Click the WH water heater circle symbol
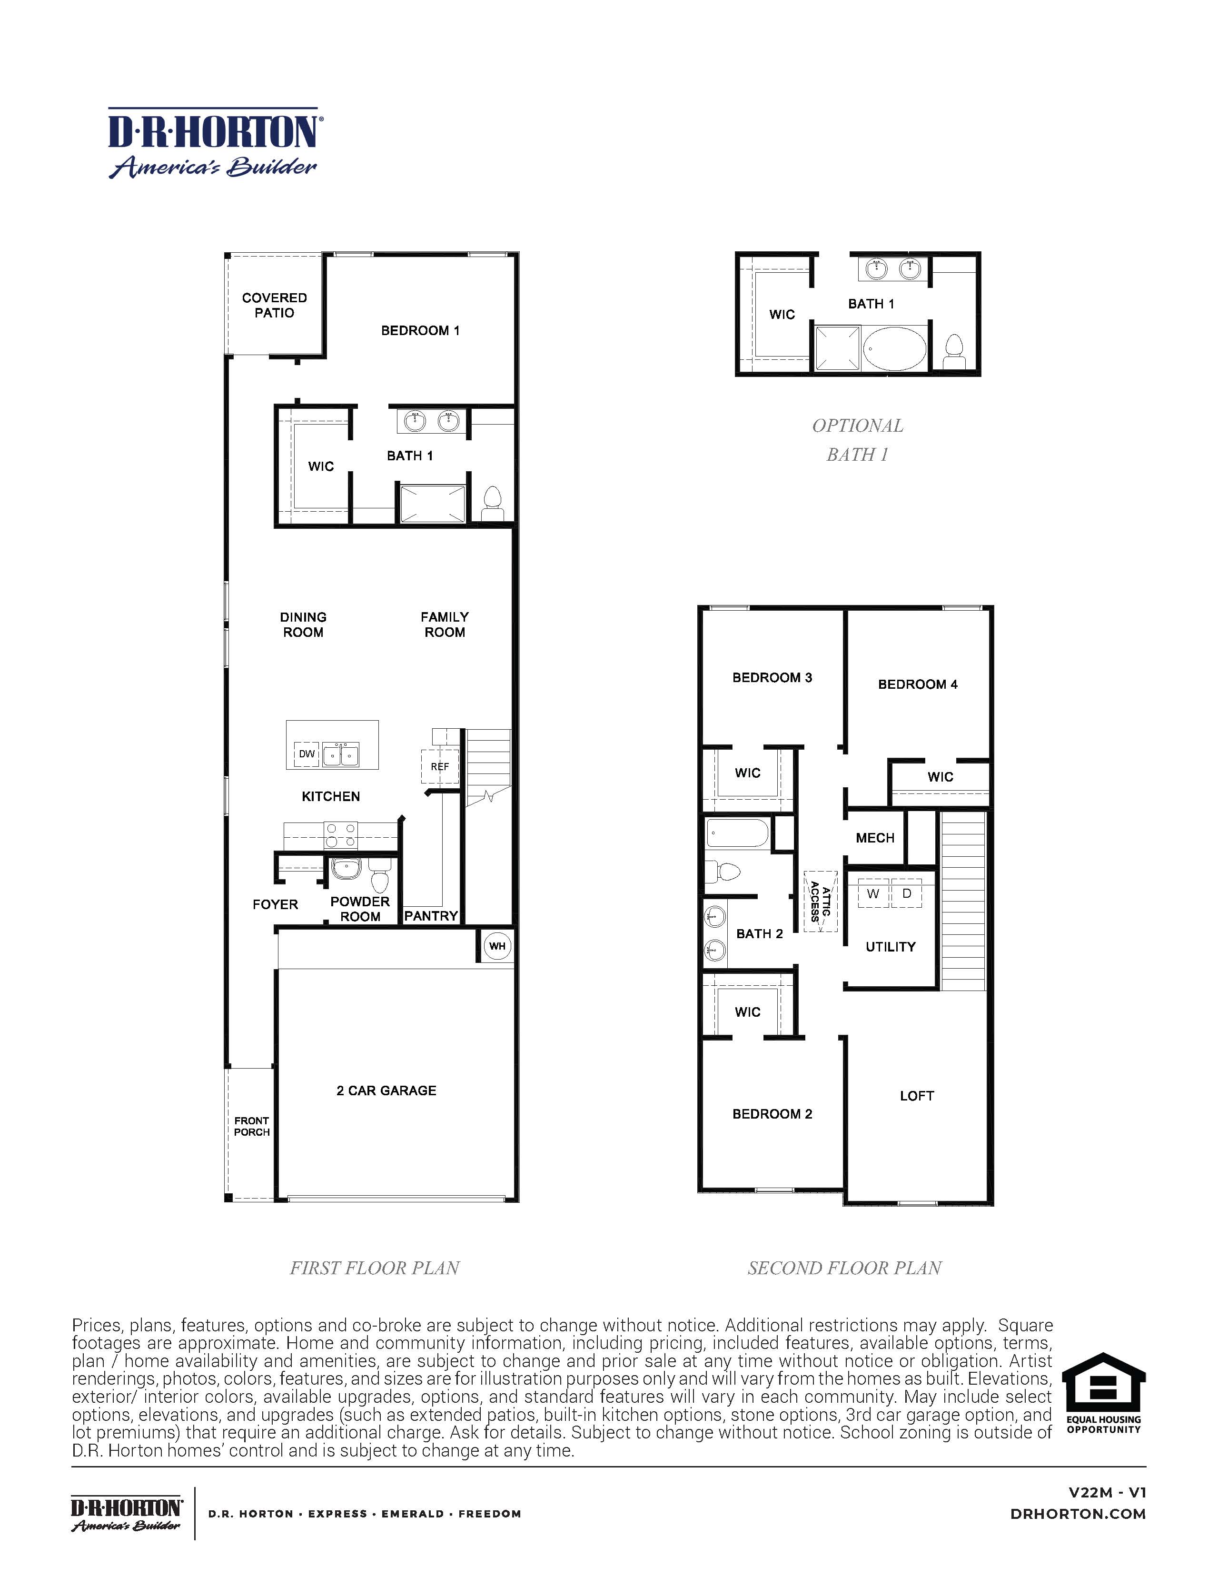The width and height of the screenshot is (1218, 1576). [x=497, y=946]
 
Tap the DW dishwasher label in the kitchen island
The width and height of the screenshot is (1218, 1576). [x=307, y=754]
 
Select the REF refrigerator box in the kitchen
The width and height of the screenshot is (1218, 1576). [x=439, y=766]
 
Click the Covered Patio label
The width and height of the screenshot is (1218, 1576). [x=274, y=305]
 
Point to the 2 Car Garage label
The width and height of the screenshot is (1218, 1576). [x=386, y=1090]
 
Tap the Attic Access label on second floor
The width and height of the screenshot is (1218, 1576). [x=821, y=902]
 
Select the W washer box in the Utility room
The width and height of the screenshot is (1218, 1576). [x=873, y=894]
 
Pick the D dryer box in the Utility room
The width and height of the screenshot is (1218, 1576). [x=907, y=894]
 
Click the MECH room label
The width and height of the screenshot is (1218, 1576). [x=874, y=838]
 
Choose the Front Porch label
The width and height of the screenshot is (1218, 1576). [x=251, y=1127]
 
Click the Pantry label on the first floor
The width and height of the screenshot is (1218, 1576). [x=431, y=916]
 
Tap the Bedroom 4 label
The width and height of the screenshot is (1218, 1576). [x=917, y=684]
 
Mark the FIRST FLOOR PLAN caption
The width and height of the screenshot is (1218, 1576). [x=375, y=1268]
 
